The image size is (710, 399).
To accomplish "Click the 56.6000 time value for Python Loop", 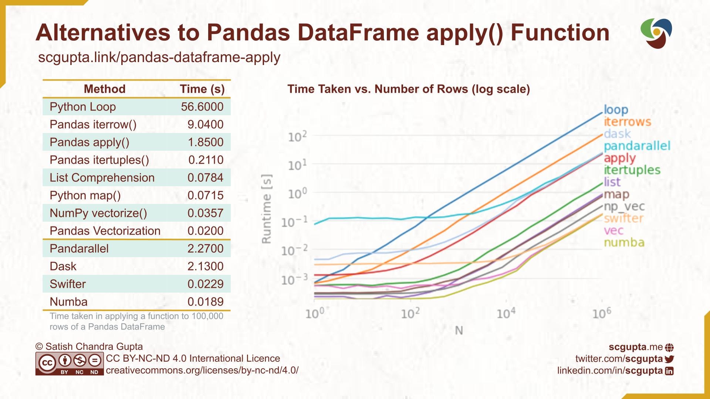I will tap(202, 107).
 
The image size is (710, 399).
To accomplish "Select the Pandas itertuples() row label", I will tap(99, 160).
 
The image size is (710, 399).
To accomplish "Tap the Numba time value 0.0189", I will tap(205, 302).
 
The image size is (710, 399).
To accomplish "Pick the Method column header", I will tap(105, 89).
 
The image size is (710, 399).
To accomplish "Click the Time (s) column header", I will tap(202, 89).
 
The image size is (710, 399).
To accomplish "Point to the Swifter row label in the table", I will tap(68, 284).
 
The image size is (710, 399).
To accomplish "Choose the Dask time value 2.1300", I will tap(205, 266).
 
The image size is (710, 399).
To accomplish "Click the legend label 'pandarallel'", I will tap(637, 146).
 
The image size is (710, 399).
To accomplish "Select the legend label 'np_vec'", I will tap(624, 207).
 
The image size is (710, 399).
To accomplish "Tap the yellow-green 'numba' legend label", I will tap(624, 243).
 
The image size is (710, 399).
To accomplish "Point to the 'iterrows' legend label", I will tap(627, 122).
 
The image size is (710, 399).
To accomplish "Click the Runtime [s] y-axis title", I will tap(267, 209).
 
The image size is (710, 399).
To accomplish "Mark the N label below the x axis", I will tap(459, 330).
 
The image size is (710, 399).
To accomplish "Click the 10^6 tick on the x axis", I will tap(601, 313).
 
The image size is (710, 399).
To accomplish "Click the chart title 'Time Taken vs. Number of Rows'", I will tap(408, 89).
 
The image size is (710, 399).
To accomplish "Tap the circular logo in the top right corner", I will tap(656, 33).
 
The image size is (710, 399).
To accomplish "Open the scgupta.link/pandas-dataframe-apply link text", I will tap(159, 58).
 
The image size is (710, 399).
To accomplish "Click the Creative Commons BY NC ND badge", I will tap(70, 364).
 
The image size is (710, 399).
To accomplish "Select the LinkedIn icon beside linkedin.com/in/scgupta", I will tap(669, 371).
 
